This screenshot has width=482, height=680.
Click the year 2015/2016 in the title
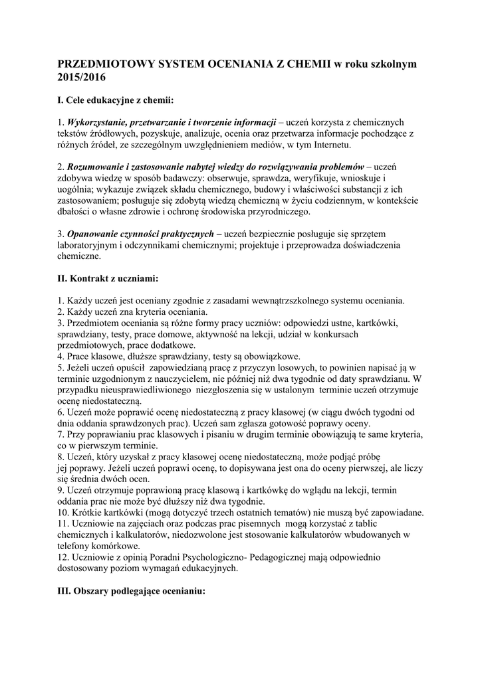coord(81,77)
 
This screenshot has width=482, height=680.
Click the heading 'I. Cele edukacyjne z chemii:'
coord(116,100)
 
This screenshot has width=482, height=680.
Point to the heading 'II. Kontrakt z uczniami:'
coord(108,278)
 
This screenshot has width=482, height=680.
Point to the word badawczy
coord(179,178)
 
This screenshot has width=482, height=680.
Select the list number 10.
coord(63,513)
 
